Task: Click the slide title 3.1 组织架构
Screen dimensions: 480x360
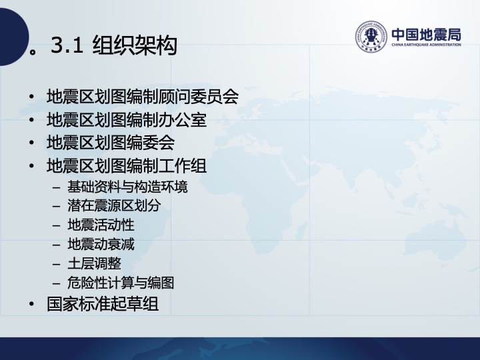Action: (x=114, y=45)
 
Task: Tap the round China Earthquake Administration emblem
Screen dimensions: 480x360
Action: (x=371, y=37)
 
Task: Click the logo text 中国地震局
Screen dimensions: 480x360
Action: (x=426, y=34)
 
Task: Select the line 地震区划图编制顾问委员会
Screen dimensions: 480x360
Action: (x=143, y=97)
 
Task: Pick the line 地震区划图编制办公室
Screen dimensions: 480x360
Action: (x=127, y=119)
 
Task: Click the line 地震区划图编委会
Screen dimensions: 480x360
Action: (x=111, y=143)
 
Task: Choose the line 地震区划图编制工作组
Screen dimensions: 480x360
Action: (x=127, y=165)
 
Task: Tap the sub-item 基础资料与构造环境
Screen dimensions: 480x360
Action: (x=127, y=187)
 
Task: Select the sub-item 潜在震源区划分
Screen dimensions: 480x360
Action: (x=114, y=205)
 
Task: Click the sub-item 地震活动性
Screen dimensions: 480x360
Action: (x=101, y=225)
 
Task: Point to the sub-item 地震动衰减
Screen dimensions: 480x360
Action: (x=101, y=244)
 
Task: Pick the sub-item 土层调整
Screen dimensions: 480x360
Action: (x=94, y=263)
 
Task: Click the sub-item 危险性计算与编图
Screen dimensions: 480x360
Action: (x=121, y=283)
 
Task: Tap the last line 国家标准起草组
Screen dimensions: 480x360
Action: (x=103, y=304)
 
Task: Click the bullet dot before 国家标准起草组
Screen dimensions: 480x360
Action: (x=31, y=304)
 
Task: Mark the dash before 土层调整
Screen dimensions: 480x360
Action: (x=56, y=264)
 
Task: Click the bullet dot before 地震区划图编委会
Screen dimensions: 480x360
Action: (x=31, y=143)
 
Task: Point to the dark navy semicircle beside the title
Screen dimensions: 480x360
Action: (x=14, y=37)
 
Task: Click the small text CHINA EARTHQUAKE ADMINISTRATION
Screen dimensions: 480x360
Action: (x=426, y=45)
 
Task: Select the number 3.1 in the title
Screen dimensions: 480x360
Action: (x=67, y=45)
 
